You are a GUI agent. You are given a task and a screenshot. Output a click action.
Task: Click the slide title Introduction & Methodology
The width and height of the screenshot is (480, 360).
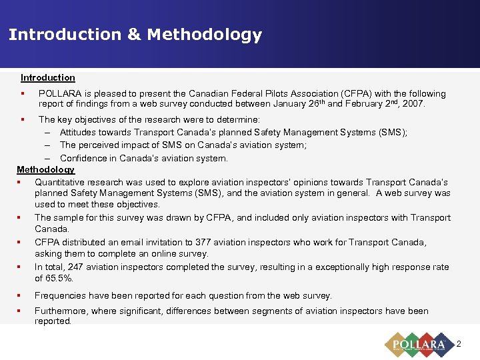point(135,35)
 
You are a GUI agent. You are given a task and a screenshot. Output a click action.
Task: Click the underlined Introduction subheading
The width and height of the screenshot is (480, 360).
point(47,78)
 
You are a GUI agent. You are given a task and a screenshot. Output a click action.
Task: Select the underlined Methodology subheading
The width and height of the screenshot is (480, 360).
point(45,170)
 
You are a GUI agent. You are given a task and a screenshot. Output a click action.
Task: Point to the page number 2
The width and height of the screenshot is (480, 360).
point(458,344)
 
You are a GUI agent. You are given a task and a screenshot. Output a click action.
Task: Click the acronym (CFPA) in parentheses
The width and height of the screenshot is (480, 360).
point(357,94)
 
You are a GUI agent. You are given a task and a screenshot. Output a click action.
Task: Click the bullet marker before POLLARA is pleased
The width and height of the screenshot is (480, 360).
point(23,94)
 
